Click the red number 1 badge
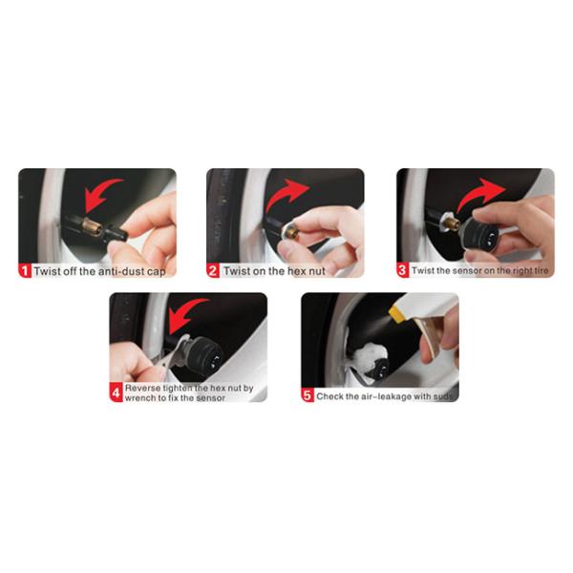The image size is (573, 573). (x=25, y=271)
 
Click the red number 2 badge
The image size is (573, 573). (x=213, y=271)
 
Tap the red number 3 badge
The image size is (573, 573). (x=402, y=270)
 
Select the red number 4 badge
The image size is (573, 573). (x=116, y=393)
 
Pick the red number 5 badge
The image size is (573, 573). (x=308, y=395)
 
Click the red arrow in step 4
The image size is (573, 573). (x=184, y=314)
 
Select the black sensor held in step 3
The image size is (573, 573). (x=478, y=234)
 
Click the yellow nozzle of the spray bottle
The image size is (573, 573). (x=396, y=313)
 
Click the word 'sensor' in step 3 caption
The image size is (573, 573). (x=467, y=271)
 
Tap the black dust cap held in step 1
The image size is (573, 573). (x=116, y=234)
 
